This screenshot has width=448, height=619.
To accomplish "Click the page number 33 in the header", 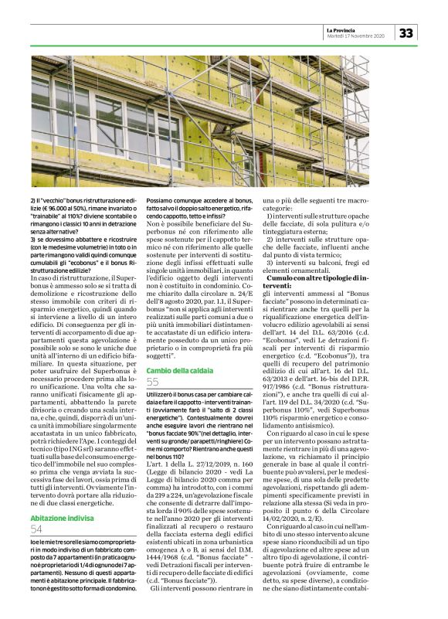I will (x=407, y=32).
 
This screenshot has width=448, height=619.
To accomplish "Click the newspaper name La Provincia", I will (x=344, y=29).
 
